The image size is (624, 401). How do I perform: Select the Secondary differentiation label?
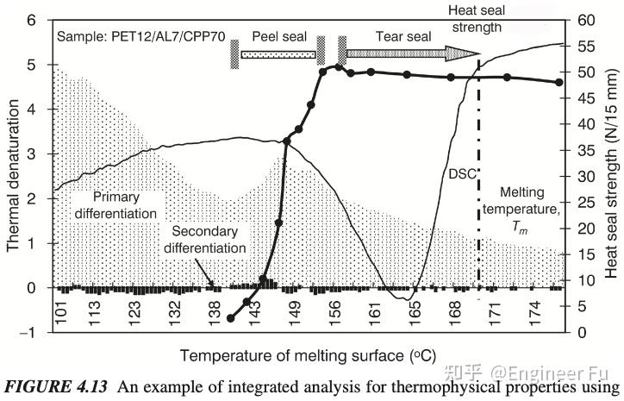[x=209, y=240]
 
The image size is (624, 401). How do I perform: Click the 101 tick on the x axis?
[x=61, y=314]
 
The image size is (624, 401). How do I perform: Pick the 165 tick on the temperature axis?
[x=415, y=314]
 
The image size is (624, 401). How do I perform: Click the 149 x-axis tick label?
[x=296, y=314]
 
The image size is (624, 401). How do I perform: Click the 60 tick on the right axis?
[x=586, y=20]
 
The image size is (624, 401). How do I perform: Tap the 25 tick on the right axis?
[x=586, y=203]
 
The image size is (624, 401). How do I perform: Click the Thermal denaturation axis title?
[x=13, y=176]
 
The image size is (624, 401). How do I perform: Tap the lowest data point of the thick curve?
[x=230, y=318]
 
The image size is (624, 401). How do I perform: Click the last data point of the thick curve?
[x=558, y=82]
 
